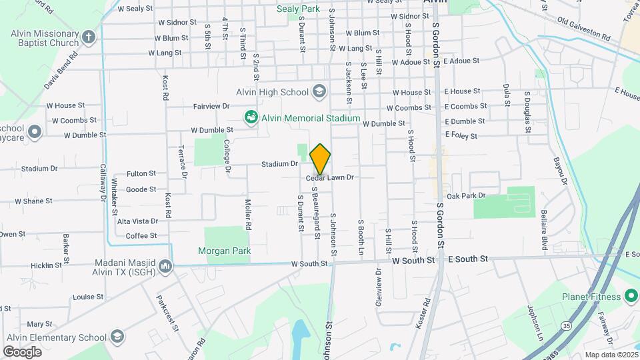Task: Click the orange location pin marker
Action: coord(320,159)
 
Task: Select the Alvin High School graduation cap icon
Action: coord(319,92)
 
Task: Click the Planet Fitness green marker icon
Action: coord(631,297)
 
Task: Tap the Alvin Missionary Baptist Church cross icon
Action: coord(89,35)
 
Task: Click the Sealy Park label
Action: coord(299,9)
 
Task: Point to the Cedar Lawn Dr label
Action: coord(330,177)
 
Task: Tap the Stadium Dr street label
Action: coord(279,163)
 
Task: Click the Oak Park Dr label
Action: coord(467,195)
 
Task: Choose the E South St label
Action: coord(468,259)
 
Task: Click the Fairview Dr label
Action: coord(211,106)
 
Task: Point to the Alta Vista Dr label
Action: coord(138,221)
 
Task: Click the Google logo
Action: coord(22,351)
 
